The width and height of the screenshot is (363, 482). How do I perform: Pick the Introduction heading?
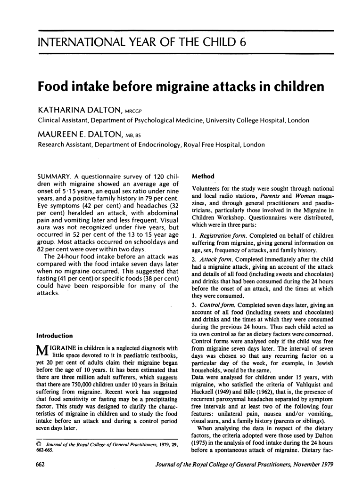(55, 336)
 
